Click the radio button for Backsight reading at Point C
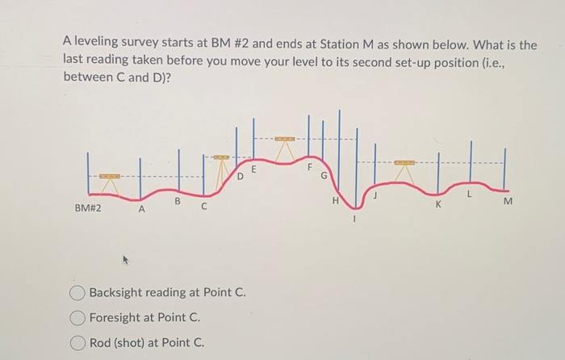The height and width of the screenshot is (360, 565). [x=78, y=292]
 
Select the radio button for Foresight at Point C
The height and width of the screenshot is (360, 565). [x=78, y=317]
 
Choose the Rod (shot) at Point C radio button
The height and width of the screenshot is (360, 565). [x=78, y=342]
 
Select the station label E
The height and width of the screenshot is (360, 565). [x=253, y=169]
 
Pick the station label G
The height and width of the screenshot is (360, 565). [x=324, y=175]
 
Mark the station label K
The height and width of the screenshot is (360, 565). [x=439, y=205]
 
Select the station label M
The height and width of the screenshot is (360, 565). [x=507, y=203]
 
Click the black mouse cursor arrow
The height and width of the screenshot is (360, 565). [x=125, y=260]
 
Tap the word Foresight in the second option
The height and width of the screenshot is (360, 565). [x=116, y=317]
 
